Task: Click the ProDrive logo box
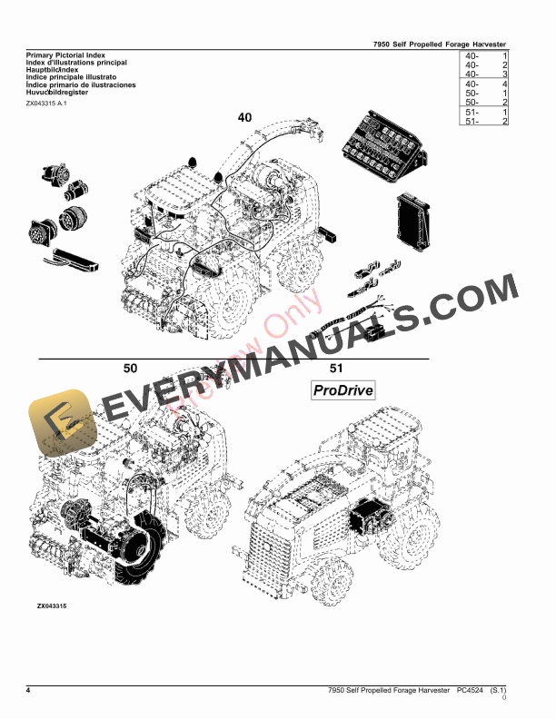point(343,391)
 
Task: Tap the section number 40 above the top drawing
point(245,118)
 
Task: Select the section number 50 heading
point(130,368)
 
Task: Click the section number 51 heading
point(336,368)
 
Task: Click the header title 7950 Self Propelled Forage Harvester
point(440,44)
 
